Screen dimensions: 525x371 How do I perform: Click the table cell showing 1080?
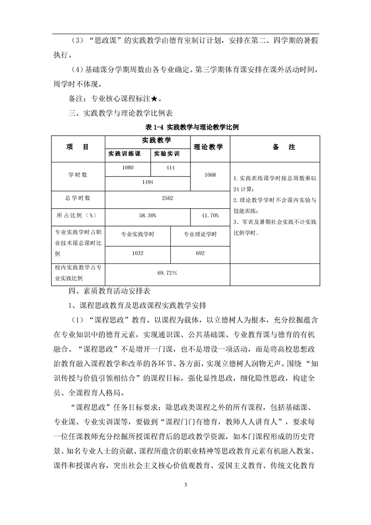point(128,168)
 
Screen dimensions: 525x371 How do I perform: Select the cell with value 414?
point(170,168)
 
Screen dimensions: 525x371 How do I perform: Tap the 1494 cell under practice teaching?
point(148,182)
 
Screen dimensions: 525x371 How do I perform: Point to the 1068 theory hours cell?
point(210,175)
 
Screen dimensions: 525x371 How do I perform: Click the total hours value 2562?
point(167,198)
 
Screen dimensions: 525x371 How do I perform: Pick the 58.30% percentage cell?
point(148,215)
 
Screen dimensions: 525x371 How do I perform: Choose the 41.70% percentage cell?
point(210,215)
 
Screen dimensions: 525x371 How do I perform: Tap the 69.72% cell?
point(167,271)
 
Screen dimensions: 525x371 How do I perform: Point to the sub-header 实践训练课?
point(128,153)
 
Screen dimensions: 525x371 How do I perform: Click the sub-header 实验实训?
point(170,153)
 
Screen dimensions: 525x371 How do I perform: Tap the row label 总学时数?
point(77,198)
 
